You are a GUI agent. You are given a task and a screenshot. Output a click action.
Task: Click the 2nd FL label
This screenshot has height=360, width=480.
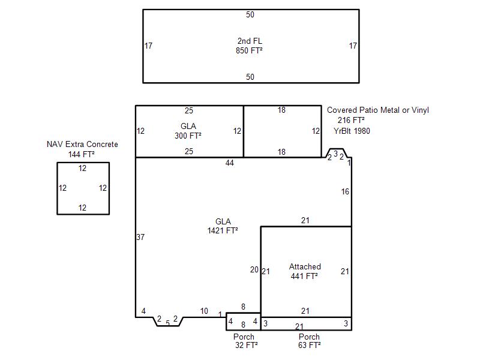[250, 41]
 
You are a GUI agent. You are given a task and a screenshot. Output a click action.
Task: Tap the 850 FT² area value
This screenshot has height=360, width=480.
[249, 50]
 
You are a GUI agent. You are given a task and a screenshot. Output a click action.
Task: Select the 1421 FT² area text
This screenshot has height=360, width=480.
[223, 230]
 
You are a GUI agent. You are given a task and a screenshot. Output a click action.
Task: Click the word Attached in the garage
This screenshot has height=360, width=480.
[305, 266]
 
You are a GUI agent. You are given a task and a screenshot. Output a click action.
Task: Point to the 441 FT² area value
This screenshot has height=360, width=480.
[304, 276]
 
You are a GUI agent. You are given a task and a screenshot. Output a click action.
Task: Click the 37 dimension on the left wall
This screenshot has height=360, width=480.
[140, 237]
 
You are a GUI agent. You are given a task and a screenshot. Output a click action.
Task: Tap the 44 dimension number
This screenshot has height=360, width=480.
[230, 163]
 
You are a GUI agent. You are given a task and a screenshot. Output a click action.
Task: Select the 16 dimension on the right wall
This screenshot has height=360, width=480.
[345, 191]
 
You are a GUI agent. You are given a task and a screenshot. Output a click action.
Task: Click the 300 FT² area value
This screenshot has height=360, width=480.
[188, 136]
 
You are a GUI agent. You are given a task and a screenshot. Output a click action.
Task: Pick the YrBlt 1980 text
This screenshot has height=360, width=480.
[352, 131]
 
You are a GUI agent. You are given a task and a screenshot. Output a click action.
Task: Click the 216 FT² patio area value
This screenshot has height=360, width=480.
[351, 120]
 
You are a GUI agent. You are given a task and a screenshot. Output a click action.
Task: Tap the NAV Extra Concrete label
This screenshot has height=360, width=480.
[82, 144]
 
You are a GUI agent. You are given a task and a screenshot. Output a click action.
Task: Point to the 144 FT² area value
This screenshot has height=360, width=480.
[81, 154]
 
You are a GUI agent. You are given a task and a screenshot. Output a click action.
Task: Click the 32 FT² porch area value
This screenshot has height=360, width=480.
[247, 346]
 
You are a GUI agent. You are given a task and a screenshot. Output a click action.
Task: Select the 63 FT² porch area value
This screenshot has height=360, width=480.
[310, 346]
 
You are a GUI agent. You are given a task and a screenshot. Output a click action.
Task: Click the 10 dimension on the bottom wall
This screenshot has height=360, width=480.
[204, 311]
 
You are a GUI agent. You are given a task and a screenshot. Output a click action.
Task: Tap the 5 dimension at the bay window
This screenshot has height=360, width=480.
[168, 323]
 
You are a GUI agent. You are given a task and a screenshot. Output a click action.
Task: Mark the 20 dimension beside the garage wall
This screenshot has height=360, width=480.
[254, 269]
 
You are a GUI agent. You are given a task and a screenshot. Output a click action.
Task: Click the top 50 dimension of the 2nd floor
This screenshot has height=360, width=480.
[250, 14]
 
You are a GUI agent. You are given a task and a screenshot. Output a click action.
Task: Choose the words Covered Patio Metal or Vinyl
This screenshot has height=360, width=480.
[378, 110]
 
